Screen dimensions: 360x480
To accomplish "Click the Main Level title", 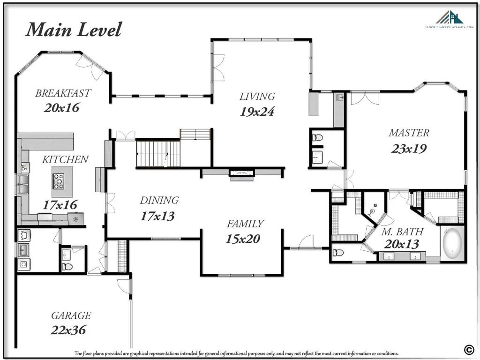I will coord(74,30).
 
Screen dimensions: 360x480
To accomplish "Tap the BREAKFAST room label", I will coord(63,93).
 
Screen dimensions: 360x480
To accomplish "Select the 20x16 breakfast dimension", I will coord(62,107).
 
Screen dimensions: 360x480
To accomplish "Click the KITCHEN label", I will coord(65,159).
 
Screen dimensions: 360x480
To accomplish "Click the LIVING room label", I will coord(257,97).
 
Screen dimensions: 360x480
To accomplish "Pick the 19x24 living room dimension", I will coord(257,112).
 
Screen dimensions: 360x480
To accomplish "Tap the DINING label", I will coord(159,200).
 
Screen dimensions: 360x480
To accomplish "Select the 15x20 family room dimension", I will coord(243,239).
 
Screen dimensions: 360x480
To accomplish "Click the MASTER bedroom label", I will coord(409,133).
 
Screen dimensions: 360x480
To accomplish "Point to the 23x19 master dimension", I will coord(409,149).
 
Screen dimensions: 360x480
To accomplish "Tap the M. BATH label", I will coord(402,232).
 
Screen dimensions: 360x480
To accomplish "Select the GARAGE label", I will coord(71,315).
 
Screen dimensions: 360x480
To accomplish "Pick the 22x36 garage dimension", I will coord(68,330).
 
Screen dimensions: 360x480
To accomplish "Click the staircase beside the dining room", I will coord(158,153).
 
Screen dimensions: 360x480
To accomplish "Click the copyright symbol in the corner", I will coord(468,349).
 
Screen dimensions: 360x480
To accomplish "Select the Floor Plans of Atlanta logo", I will coord(449,20).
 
